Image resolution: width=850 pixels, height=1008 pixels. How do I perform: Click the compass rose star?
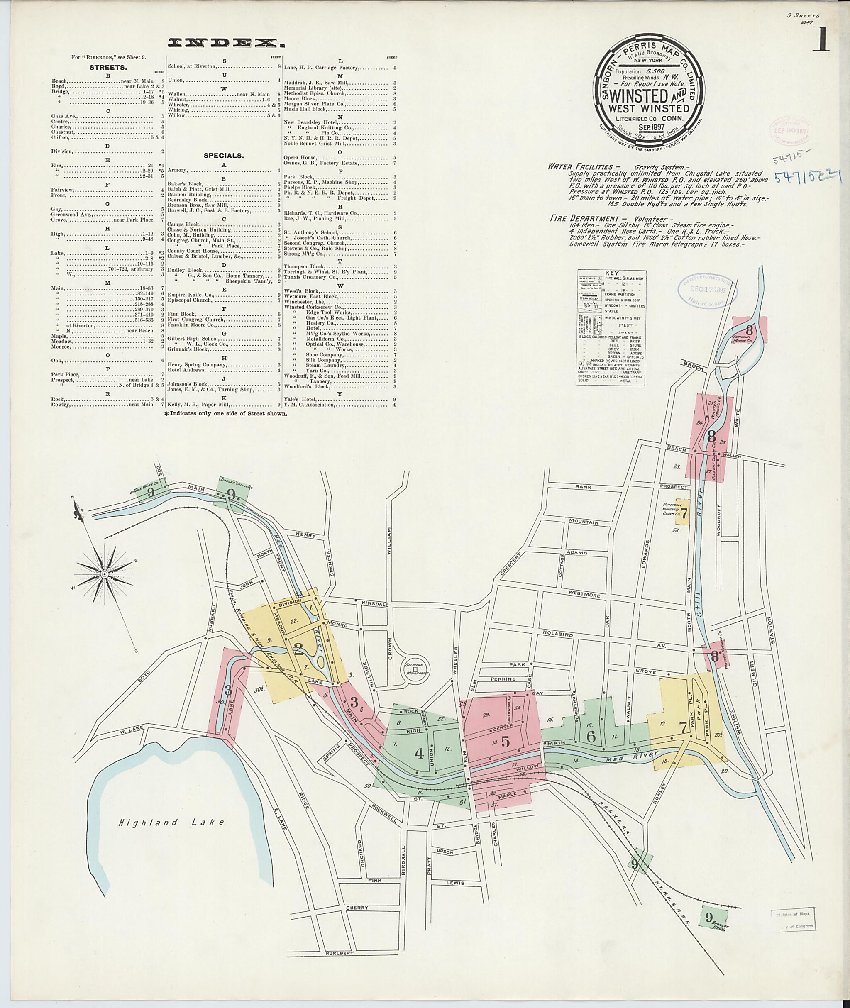click(x=105, y=574)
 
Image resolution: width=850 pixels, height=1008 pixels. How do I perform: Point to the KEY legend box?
click(x=611, y=328)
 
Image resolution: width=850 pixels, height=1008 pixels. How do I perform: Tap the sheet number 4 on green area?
click(x=419, y=753)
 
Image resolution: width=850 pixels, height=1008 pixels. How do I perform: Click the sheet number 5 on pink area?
click(x=505, y=741)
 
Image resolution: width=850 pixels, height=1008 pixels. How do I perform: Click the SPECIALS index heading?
click(x=224, y=156)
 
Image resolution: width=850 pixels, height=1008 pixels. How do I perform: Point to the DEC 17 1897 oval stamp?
click(x=707, y=290)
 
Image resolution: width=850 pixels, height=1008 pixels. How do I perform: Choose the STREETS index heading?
click(x=108, y=68)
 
